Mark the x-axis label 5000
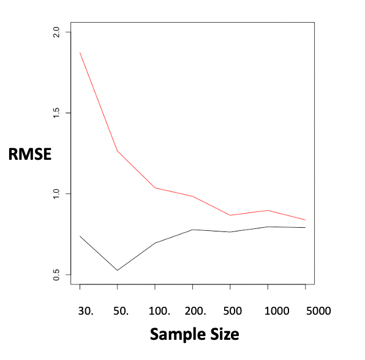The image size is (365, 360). click(318, 310)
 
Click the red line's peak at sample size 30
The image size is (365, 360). click(80, 53)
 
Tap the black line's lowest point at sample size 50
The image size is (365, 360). click(117, 270)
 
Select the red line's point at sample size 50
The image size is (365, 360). click(117, 151)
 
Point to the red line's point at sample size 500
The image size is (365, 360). click(230, 215)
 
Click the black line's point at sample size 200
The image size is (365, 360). click(192, 230)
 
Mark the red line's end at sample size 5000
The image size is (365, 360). click(305, 220)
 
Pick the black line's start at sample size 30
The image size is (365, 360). click(80, 236)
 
